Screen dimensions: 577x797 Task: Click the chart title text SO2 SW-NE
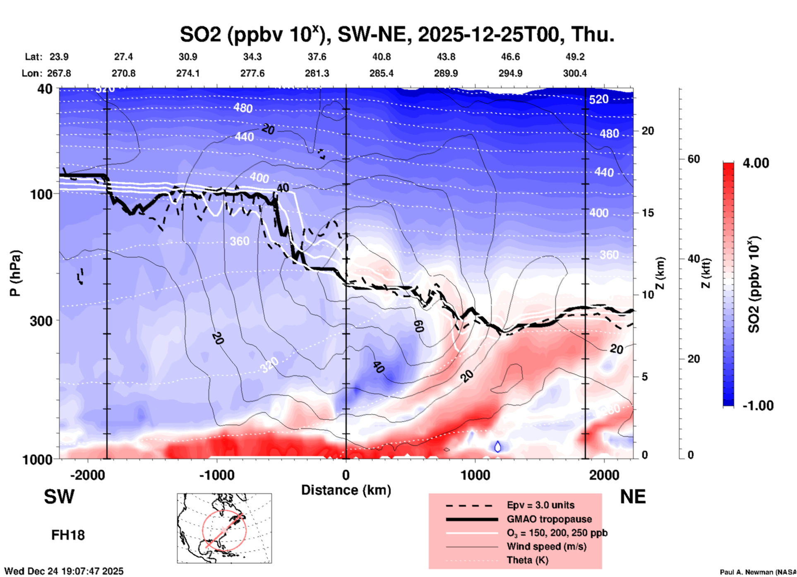click(396, 35)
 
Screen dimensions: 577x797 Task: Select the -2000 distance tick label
click(87, 475)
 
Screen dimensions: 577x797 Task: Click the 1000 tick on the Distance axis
click(475, 475)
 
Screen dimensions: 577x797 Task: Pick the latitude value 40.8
click(381, 57)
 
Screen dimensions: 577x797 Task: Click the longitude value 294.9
click(510, 73)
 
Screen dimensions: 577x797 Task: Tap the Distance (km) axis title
click(346, 490)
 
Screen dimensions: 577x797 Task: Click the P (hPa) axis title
click(15, 273)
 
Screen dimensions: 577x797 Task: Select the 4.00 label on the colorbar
click(756, 163)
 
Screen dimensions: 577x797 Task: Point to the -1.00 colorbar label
click(758, 406)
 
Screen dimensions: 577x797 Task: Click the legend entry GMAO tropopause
click(549, 519)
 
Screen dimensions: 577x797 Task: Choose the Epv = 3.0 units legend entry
click(540, 505)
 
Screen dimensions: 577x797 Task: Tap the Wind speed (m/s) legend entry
click(546, 547)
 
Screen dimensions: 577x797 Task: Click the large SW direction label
click(59, 497)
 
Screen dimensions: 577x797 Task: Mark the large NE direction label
click(633, 497)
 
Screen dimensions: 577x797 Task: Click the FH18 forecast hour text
click(68, 535)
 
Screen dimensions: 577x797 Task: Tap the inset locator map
click(224, 528)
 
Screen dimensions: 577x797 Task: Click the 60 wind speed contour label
click(418, 327)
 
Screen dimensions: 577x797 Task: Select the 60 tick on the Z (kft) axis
click(694, 159)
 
